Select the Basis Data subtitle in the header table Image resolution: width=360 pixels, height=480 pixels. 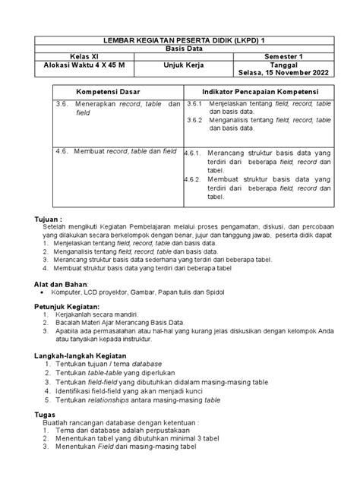coord(180,46)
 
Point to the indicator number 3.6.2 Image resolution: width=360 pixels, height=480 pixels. coord(195,119)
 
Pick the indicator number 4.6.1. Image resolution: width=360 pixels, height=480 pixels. coord(193,152)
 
